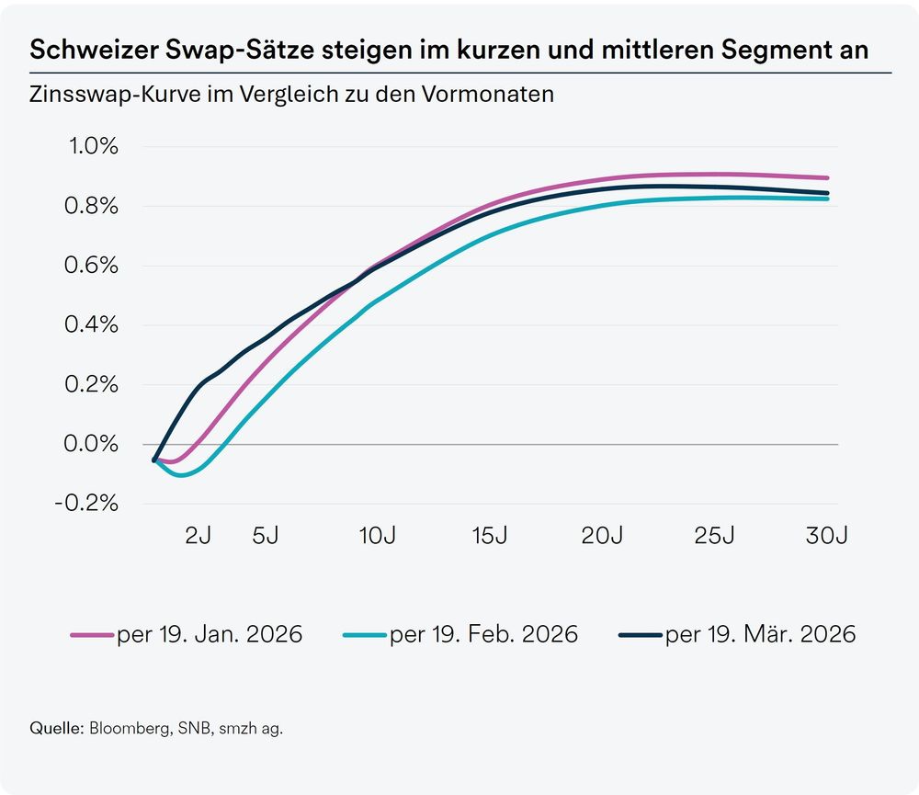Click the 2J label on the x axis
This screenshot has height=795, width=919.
click(198, 537)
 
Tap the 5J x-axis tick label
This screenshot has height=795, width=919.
click(265, 537)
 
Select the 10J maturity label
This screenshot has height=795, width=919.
click(377, 537)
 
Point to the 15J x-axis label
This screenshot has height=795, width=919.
click(489, 537)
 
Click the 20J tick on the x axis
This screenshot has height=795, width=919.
click(602, 537)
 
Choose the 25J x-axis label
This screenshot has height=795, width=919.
click(714, 537)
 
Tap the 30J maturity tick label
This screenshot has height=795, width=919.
click(826, 537)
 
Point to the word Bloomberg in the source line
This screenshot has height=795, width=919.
click(128, 728)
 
